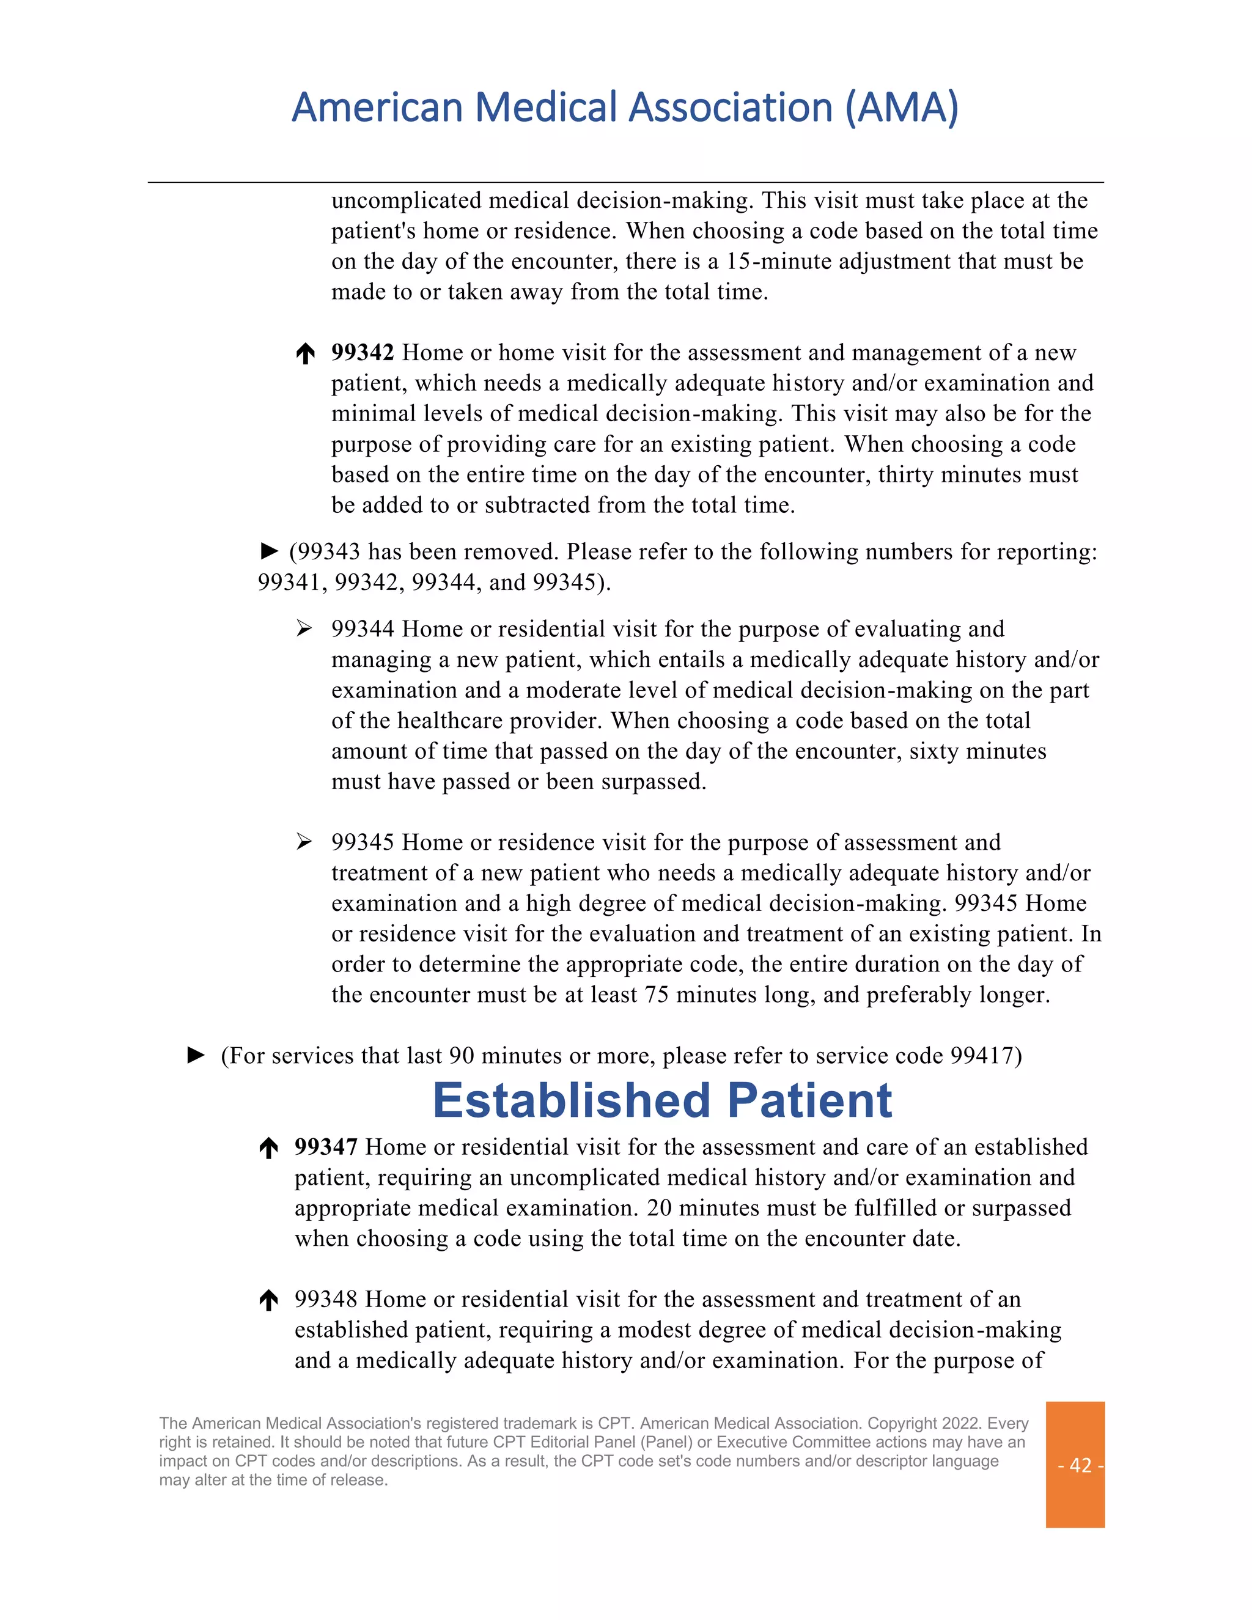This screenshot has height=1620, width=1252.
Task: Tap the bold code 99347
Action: point(326,1147)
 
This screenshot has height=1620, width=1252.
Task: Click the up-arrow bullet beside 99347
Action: point(268,1148)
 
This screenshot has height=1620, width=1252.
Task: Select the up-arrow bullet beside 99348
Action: point(268,1300)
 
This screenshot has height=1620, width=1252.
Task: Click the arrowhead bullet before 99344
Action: point(304,629)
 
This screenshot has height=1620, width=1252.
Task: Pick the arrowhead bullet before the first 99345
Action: point(304,842)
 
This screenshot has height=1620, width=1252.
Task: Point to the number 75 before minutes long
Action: point(657,995)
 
